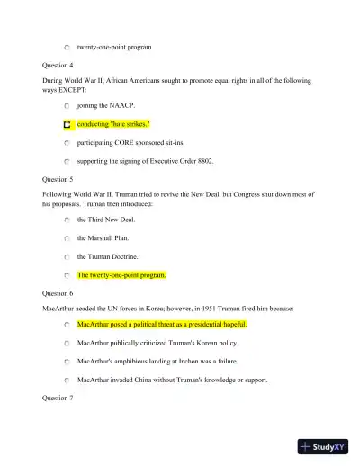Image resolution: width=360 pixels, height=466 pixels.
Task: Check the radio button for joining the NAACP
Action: click(67, 105)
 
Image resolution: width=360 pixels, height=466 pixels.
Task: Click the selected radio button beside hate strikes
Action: click(67, 124)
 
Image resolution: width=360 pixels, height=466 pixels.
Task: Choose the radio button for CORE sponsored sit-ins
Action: click(67, 143)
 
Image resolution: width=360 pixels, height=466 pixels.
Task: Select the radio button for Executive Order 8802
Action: click(67, 162)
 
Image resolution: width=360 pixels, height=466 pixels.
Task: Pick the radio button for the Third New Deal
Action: click(67, 220)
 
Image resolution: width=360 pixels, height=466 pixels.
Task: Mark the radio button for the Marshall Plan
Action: click(67, 238)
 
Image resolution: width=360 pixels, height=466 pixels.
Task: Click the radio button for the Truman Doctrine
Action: click(67, 257)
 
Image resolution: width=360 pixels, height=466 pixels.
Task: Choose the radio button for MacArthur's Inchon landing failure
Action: click(67, 362)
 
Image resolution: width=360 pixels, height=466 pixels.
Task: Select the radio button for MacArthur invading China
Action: click(67, 380)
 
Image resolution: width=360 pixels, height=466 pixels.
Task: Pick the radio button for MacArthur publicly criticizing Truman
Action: click(67, 343)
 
